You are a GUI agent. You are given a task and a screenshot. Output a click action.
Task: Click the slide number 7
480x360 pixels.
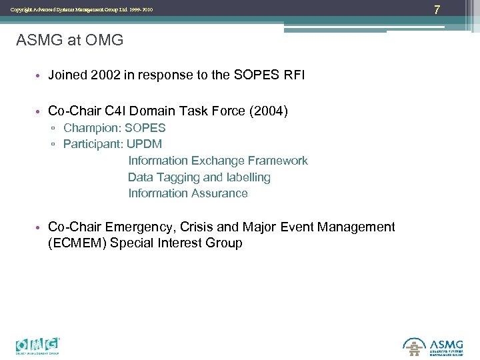[456, 9]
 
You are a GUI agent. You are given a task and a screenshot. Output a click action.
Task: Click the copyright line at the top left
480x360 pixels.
[81, 9]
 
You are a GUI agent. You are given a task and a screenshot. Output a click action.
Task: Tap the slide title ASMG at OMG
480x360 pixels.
[69, 40]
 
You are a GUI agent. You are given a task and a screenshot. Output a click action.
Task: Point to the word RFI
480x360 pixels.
[294, 75]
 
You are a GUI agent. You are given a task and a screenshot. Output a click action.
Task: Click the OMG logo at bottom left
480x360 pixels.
[38, 345]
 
